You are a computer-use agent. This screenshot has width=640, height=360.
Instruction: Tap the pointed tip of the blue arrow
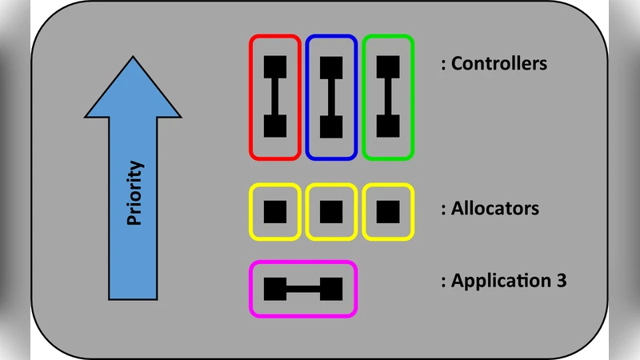point(134,58)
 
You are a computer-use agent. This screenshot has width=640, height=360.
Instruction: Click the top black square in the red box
point(275,66)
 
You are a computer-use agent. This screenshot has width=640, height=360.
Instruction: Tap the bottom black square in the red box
point(275,126)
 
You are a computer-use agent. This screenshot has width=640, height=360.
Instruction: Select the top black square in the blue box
point(331,66)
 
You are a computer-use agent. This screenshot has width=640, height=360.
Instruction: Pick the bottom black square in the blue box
point(331,126)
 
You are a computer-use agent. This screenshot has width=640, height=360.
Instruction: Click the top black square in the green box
point(388,66)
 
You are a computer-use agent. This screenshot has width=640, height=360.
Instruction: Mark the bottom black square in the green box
point(388,126)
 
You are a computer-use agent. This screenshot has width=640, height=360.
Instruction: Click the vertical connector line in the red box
point(275,96)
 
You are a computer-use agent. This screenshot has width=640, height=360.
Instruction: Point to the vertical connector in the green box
point(388,96)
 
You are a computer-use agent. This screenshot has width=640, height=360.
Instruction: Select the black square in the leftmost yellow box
point(275,212)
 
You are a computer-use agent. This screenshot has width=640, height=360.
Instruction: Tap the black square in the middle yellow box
point(331,212)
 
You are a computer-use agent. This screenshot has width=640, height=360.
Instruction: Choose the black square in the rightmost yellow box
point(388,212)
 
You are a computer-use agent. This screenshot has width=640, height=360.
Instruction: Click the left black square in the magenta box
point(275,289)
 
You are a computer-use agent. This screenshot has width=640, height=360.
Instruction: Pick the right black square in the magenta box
point(331,289)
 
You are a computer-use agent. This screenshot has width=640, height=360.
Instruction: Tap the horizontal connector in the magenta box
point(303,289)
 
